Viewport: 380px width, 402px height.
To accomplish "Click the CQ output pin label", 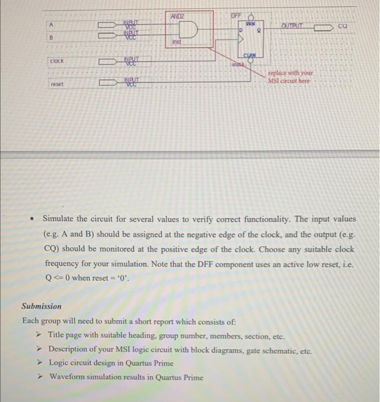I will pyautogui.click(x=343, y=26).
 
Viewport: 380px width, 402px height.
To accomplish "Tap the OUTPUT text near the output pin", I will pyautogui.click(x=294, y=26).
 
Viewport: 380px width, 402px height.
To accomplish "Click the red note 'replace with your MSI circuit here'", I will pyautogui.click(x=291, y=78).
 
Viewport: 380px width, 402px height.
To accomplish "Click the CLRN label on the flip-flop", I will pyautogui.click(x=249, y=55).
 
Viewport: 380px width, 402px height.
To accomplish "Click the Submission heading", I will pyautogui.click(x=41, y=306).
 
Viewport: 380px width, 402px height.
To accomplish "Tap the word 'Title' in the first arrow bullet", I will pyautogui.click(x=57, y=335).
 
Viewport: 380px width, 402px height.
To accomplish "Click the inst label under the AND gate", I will pyautogui.click(x=177, y=42).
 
